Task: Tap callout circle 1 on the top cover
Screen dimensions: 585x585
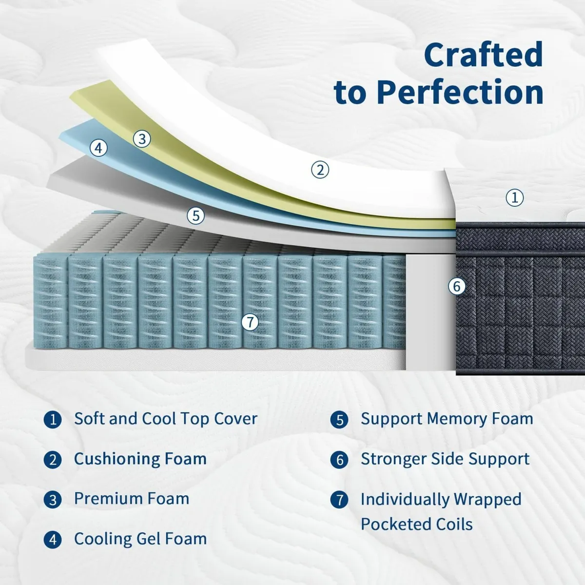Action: click(515, 197)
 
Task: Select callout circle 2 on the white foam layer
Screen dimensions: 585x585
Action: click(320, 170)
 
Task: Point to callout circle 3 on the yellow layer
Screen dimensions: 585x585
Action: click(142, 139)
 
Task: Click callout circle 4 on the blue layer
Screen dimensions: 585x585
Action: click(99, 147)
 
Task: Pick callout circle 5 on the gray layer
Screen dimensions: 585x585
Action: click(196, 215)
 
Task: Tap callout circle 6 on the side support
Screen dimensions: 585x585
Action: click(457, 286)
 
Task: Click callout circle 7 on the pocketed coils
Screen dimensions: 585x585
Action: click(250, 322)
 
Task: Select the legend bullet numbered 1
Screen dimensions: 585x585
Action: click(53, 420)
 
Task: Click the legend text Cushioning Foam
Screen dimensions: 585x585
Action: click(140, 459)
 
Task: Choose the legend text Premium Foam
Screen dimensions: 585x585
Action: click(132, 499)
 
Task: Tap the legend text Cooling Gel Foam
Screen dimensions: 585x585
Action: click(140, 539)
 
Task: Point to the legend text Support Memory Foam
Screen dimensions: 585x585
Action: click(447, 419)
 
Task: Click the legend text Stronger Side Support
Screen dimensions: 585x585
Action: click(445, 459)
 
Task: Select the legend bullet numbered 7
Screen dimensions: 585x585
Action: click(339, 500)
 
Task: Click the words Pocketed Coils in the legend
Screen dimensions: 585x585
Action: click(417, 525)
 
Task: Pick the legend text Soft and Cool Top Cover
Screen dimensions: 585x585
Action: click(166, 419)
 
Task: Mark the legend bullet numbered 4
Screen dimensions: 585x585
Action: click(53, 540)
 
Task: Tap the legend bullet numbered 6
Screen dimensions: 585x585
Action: click(339, 460)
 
